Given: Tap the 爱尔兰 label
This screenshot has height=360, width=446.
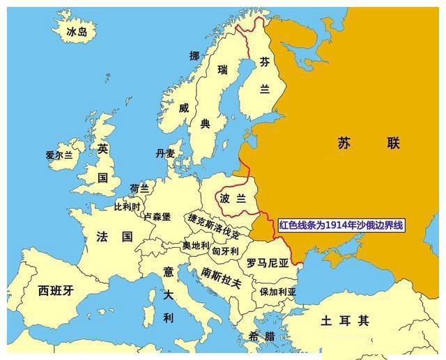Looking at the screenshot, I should tap(59, 155).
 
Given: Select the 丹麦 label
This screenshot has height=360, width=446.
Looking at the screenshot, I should tap(166, 154).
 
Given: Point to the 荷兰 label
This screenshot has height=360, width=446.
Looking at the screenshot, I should tap(139, 188).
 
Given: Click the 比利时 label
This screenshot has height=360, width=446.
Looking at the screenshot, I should tap(127, 207).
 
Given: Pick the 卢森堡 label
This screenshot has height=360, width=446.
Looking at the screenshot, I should tap(157, 217).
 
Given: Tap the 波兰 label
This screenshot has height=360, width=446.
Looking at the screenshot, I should tap(233, 198).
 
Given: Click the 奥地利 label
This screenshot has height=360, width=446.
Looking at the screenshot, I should tap(196, 245).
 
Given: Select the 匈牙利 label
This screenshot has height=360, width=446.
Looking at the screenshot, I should tap(226, 251).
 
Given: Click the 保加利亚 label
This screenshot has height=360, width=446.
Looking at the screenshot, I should tap(278, 292).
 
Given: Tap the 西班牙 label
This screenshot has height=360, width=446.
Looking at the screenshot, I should tap(56, 290).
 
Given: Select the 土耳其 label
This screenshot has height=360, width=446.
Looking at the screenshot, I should tap(344, 321).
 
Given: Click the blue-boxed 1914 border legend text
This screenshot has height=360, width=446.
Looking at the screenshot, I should tap(341, 226).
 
